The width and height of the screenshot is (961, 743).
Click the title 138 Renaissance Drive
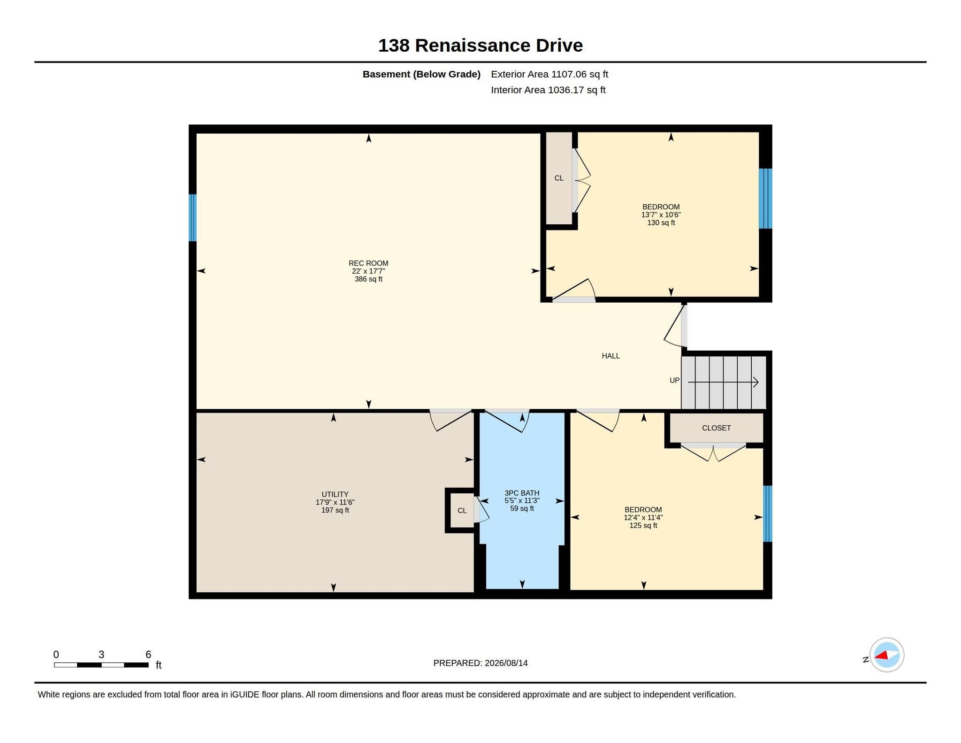(480, 46)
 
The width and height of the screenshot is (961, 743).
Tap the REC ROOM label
(368, 263)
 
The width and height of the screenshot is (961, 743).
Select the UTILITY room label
(335, 494)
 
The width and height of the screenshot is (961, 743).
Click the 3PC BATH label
(522, 493)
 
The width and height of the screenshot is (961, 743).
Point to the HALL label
(610, 356)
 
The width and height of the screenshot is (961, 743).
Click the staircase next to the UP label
(724, 383)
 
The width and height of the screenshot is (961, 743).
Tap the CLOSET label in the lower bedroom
(716, 428)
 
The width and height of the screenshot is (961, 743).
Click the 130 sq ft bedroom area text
(661, 223)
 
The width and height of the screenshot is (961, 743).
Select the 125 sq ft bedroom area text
(643, 526)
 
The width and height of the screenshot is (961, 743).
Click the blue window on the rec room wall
(192, 218)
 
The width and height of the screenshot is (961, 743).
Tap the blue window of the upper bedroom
(765, 199)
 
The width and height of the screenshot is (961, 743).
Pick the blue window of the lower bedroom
(768, 513)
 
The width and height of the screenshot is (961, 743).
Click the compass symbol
(886, 655)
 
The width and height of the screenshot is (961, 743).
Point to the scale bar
(101, 665)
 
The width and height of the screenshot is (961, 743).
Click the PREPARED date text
(480, 663)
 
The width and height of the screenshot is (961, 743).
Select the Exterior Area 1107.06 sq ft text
(549, 74)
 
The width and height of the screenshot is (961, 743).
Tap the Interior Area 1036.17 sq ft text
(548, 90)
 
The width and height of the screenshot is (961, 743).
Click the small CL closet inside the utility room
(462, 511)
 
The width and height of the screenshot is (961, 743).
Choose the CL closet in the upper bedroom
(559, 178)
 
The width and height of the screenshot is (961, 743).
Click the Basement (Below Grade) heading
(421, 74)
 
